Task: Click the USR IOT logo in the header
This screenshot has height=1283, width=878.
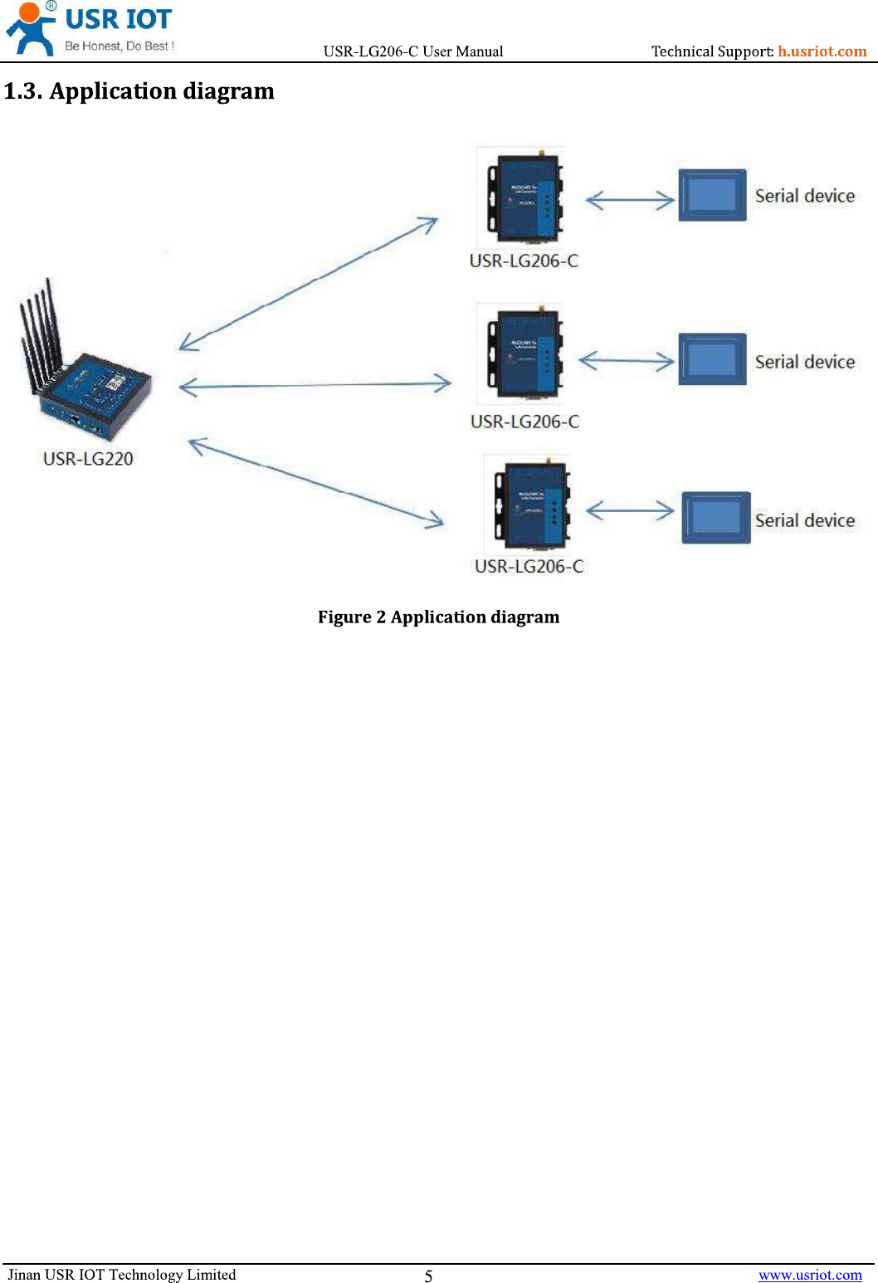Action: coord(90,28)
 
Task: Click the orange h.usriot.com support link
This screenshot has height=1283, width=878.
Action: coord(822,51)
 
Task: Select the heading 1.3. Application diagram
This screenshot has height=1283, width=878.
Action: coord(139,91)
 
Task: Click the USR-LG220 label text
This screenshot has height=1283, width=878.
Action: coord(88,459)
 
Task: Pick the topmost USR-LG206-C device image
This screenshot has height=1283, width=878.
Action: coord(523,198)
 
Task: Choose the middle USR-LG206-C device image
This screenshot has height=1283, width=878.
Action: coord(523,354)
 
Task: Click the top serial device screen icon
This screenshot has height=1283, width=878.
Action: coord(712,196)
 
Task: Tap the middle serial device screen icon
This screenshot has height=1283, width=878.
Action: coord(712,359)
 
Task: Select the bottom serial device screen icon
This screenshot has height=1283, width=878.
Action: coord(715,518)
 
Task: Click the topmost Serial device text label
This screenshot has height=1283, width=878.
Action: coord(805,197)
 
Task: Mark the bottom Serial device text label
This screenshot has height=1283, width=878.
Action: coord(805,521)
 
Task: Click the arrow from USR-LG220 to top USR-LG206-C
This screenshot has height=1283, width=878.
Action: coord(308,284)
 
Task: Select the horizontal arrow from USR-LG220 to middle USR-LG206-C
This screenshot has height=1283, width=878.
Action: coord(315,385)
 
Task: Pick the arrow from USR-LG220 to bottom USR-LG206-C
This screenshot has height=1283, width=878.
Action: coord(316,483)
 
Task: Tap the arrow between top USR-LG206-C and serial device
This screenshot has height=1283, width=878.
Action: coord(630,200)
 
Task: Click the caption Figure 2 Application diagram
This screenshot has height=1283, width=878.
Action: coord(438,617)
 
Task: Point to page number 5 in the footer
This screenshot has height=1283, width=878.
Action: coord(428,1276)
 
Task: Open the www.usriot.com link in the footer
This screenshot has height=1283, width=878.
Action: coord(810,1276)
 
